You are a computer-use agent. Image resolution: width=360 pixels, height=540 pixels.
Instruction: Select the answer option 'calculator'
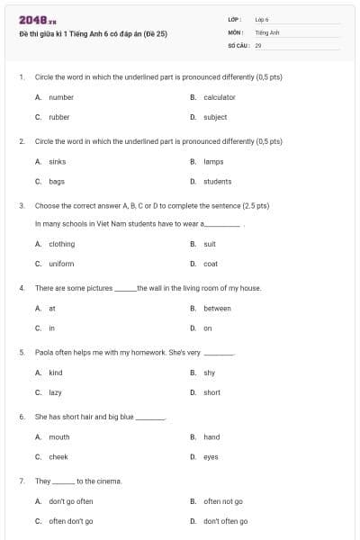(x=219, y=97)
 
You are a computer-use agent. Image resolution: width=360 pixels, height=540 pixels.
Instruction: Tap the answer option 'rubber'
(x=58, y=117)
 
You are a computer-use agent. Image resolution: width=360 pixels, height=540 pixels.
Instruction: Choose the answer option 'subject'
(x=215, y=117)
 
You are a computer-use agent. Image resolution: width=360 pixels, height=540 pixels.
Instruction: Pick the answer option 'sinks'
(x=57, y=161)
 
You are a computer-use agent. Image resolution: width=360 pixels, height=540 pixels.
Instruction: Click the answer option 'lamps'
(x=213, y=161)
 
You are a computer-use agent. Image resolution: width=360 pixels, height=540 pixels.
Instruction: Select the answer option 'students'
(x=217, y=181)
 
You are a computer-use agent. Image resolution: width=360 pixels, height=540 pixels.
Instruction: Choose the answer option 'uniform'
(x=61, y=264)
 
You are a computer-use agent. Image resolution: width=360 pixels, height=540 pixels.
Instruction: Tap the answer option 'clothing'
(x=61, y=244)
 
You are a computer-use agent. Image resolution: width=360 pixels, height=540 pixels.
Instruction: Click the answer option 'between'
(x=217, y=308)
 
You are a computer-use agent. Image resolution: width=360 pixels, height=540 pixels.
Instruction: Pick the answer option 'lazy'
(x=56, y=392)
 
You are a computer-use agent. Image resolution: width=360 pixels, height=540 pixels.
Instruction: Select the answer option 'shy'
(x=209, y=373)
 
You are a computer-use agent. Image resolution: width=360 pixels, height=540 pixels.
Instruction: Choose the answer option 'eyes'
(x=211, y=457)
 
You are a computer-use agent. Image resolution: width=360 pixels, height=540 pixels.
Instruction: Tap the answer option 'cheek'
(x=58, y=457)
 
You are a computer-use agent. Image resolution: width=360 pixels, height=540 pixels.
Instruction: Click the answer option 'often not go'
(x=223, y=501)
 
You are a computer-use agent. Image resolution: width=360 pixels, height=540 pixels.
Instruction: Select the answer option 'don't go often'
(x=70, y=501)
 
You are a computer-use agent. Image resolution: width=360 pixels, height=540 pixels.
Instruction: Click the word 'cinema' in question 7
(x=107, y=481)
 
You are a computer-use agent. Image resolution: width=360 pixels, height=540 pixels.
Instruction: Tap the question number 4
(x=22, y=288)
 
